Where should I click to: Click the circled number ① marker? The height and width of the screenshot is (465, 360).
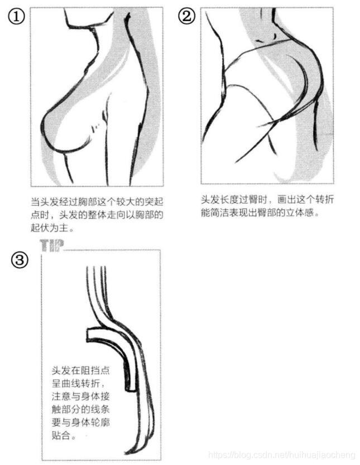[x=17, y=17]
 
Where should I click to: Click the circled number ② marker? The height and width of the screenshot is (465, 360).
[x=186, y=16]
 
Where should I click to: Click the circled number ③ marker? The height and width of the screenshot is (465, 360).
[x=20, y=260]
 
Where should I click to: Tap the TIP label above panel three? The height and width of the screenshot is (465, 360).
[x=52, y=245]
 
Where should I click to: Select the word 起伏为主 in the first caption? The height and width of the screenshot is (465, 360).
[x=50, y=227]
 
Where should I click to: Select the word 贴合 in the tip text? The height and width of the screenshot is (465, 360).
[x=61, y=435]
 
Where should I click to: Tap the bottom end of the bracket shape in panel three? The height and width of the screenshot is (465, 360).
[x=131, y=389]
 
